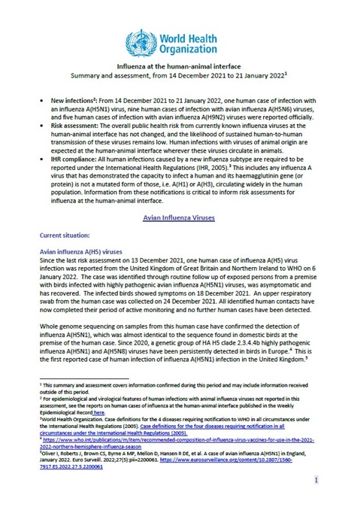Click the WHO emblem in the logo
(x=140, y=39)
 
